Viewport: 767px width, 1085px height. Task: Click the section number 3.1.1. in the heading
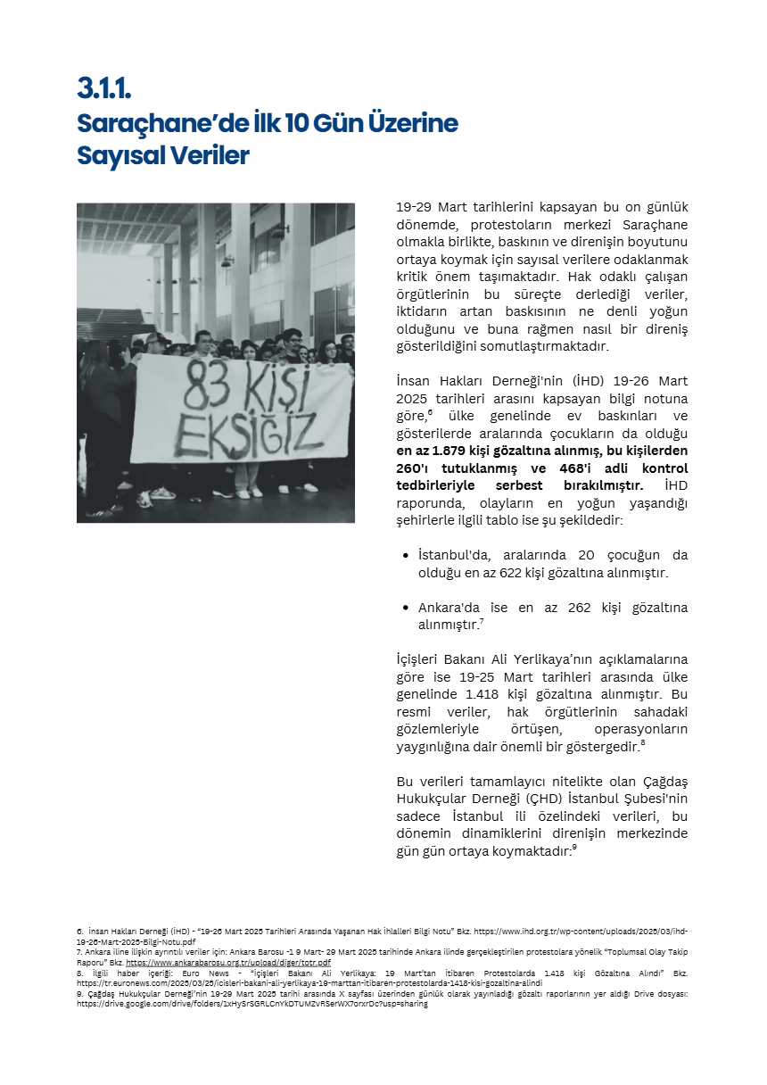pos(104,87)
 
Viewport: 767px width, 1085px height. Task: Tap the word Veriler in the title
pos(212,155)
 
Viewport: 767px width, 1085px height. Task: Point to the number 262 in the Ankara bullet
pos(580,608)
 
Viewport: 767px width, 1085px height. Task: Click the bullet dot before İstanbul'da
pos(406,556)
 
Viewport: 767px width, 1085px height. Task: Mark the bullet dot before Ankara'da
pos(406,608)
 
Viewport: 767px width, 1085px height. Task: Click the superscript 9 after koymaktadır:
pos(574,848)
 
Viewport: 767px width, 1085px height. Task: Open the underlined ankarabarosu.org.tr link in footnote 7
pos(227,963)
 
